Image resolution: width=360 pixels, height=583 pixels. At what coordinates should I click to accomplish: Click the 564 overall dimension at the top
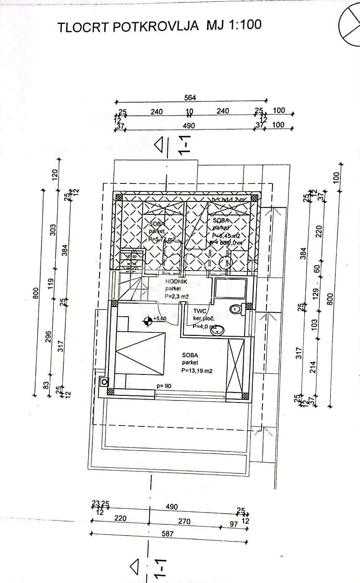(190, 98)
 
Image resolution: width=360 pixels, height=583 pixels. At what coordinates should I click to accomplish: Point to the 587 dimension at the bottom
(167, 534)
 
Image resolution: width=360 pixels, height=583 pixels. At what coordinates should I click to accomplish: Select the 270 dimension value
(184, 521)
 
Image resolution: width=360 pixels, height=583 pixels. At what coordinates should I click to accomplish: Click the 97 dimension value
(234, 524)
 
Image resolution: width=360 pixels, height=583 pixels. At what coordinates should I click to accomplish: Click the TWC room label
(200, 311)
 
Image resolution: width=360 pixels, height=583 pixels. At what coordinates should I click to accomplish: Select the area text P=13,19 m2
(197, 371)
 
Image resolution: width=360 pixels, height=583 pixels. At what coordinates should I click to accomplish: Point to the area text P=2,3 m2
(177, 296)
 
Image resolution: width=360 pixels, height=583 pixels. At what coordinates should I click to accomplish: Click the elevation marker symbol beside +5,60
(147, 321)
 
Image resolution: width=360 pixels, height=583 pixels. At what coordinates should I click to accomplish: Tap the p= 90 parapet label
(164, 386)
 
